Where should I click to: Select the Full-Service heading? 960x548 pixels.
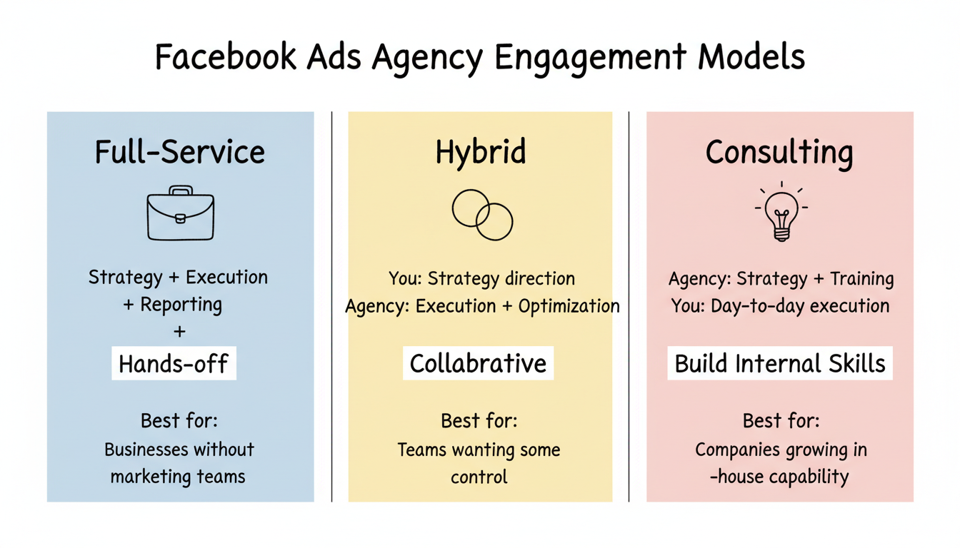pyautogui.click(x=180, y=153)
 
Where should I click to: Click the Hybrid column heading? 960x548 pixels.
pyautogui.click(x=481, y=153)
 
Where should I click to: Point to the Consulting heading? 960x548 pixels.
pyautogui.click(x=779, y=153)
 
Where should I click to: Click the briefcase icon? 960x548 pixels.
pyautogui.click(x=180, y=215)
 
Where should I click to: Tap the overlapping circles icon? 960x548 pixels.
pyautogui.click(x=482, y=214)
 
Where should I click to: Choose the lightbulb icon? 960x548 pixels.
pyautogui.click(x=781, y=212)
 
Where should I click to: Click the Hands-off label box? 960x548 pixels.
pyautogui.click(x=174, y=365)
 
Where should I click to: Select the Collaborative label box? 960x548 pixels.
pyautogui.click(x=478, y=364)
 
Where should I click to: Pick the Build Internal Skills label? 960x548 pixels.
pyautogui.click(x=780, y=364)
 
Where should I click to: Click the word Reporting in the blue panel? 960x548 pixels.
pyautogui.click(x=181, y=305)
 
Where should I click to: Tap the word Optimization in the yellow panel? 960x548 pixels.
pyautogui.click(x=569, y=306)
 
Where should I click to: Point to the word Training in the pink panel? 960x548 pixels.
pyautogui.click(x=862, y=278)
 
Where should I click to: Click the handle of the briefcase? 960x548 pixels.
pyautogui.click(x=181, y=191)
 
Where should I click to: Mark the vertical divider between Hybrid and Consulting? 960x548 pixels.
pyautogui.click(x=629, y=307)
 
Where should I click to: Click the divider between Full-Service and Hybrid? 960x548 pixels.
pyautogui.click(x=332, y=307)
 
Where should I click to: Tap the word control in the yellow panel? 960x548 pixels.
pyautogui.click(x=479, y=477)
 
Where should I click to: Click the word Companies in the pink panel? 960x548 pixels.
pyautogui.click(x=736, y=450)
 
